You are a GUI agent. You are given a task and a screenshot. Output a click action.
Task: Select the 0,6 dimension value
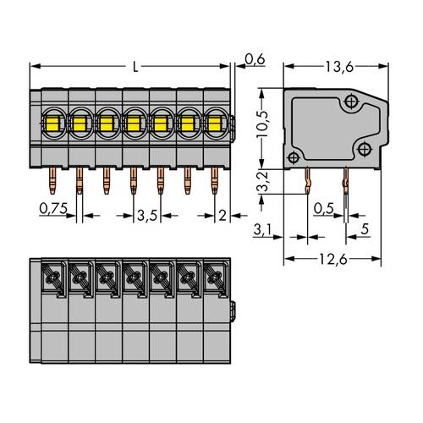coord(252,58)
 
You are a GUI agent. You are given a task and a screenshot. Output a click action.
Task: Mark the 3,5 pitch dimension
coord(148,216)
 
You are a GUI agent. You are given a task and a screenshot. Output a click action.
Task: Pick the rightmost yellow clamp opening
coord(212,125)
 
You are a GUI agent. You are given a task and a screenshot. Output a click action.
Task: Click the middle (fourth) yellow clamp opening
coord(133,125)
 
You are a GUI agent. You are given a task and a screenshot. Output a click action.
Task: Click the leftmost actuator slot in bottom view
coord(53,277)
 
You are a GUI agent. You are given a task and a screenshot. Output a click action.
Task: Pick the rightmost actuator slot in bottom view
coord(212,277)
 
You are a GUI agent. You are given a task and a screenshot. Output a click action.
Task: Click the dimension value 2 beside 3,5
coord(222,216)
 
